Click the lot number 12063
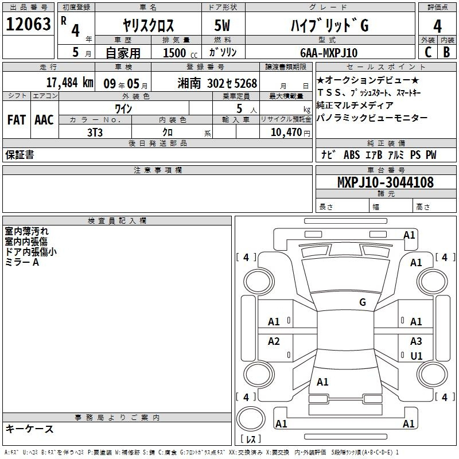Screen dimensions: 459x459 coord(28,24)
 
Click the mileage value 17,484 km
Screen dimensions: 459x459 coord(70,83)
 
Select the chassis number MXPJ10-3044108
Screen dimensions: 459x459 coord(386,182)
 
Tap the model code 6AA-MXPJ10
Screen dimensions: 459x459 coord(329,53)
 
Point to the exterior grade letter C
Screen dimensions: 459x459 coord(428,52)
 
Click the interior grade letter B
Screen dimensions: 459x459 coord(446,52)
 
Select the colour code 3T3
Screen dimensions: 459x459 coord(95,133)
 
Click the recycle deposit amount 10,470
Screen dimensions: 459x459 coord(286,133)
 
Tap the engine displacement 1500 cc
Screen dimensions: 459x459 coord(180,53)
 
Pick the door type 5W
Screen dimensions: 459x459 coord(222,25)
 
